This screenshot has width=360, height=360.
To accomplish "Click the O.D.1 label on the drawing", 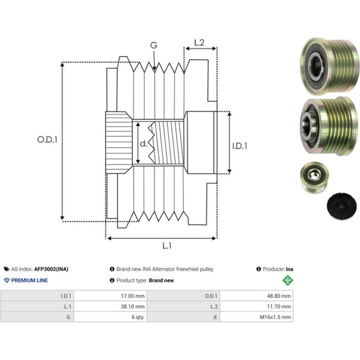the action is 47,140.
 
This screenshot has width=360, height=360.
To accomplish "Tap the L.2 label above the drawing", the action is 199,43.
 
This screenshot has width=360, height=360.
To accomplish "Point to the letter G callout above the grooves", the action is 154,45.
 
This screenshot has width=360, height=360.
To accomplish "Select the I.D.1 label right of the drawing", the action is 240,146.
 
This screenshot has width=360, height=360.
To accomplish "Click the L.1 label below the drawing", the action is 167,246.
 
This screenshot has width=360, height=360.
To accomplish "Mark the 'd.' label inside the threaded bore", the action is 143,144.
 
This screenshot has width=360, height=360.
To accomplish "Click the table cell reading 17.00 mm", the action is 133,296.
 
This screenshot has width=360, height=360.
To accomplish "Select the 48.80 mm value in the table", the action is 279,296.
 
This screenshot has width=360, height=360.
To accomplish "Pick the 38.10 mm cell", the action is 133,307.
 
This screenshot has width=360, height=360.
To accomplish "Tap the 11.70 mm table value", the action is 279,307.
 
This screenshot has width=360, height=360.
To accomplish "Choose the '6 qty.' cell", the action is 138,317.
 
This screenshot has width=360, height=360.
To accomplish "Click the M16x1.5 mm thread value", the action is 275,317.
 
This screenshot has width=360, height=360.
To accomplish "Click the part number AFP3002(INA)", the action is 51,269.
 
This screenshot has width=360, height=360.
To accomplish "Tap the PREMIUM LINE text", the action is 29,281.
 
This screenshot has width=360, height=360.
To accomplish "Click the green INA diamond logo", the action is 288,281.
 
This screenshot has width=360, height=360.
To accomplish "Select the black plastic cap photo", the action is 342,206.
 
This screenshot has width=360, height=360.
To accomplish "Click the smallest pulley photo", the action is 314,177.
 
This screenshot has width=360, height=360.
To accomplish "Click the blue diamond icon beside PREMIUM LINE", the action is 7,281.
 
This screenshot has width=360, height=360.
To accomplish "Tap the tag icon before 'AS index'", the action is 7,269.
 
